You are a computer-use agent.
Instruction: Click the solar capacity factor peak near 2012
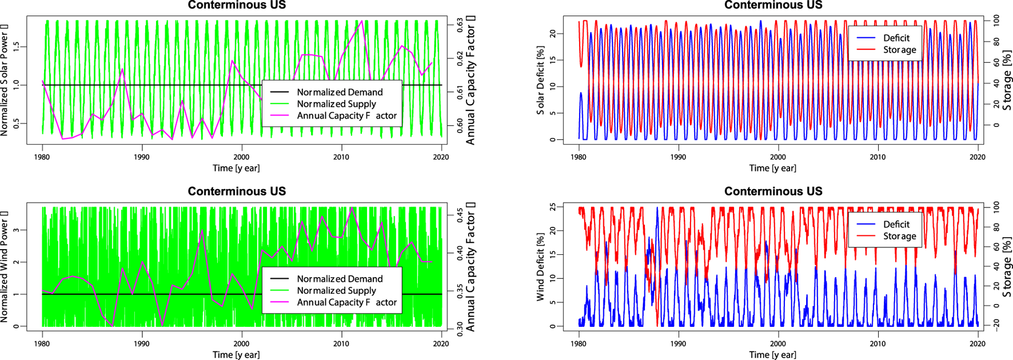click(x=361, y=21)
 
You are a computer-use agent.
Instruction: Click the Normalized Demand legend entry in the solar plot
click(x=340, y=92)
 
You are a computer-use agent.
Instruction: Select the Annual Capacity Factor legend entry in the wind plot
click(x=346, y=302)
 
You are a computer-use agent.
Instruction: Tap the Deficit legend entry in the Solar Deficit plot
click(x=896, y=38)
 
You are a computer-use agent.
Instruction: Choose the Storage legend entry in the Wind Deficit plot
click(x=899, y=236)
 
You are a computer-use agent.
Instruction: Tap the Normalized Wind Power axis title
click(x=5, y=266)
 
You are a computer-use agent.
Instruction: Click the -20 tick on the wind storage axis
click(x=995, y=324)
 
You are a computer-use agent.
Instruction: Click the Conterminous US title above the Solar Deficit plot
click(x=773, y=5)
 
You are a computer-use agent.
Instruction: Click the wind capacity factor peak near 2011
click(x=352, y=209)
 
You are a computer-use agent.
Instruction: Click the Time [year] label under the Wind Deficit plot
click(x=772, y=355)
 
